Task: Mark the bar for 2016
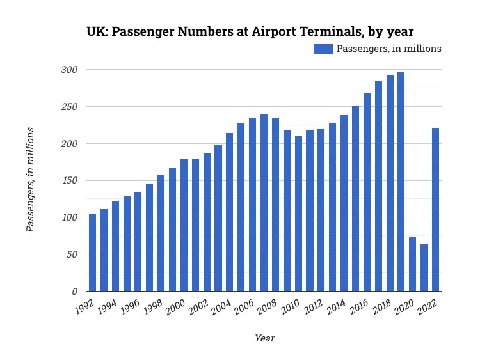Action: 367,192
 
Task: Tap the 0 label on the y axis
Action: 74,292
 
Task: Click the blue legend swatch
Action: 323,49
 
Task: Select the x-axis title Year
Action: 264,338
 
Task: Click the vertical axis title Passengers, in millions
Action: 30,180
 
